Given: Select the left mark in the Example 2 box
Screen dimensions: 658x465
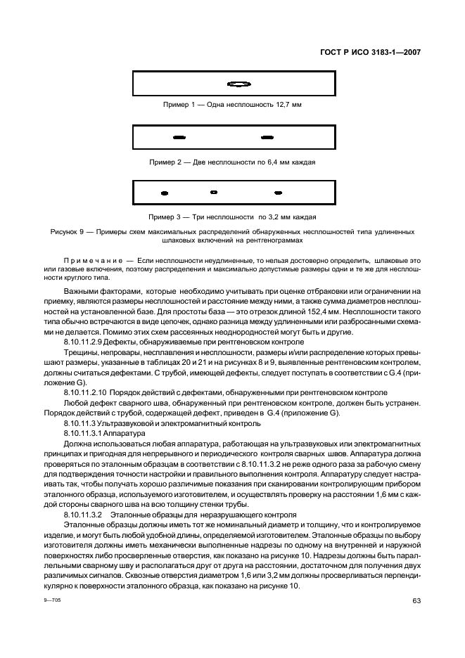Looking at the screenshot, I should point(179,136).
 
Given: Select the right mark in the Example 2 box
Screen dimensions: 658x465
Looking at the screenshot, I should point(267,136).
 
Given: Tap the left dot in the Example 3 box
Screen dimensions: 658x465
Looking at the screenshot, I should point(165,192).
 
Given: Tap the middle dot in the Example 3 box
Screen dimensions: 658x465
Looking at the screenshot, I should point(214,192).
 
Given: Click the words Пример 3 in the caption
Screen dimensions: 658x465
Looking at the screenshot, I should point(164,217).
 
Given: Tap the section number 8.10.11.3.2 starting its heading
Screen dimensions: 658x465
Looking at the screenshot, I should point(83,515).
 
